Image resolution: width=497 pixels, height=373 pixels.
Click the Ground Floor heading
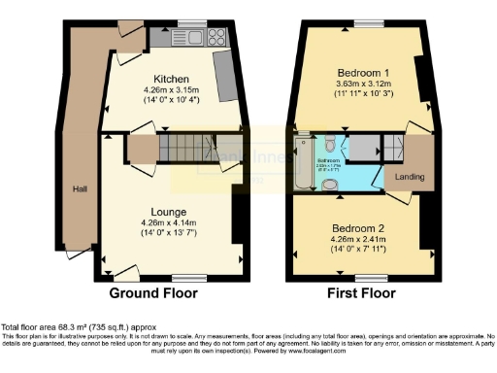153,292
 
